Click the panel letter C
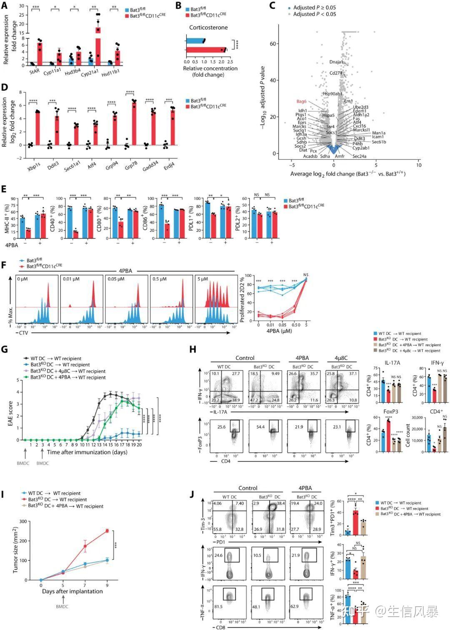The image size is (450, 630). [272, 5]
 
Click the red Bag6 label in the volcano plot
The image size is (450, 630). [301, 101]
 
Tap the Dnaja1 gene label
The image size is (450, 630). [336, 62]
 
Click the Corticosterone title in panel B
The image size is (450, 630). [208, 28]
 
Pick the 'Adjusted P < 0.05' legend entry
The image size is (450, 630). [314, 14]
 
